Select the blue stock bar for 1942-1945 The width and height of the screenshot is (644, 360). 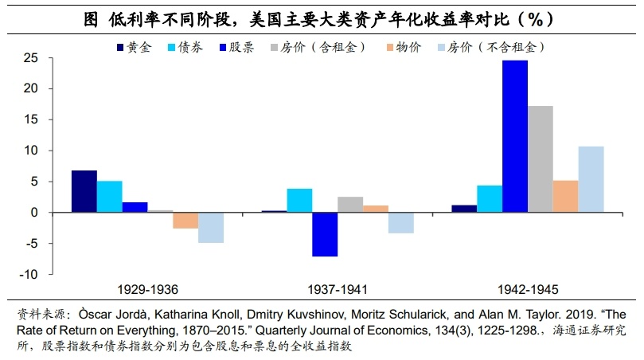click(515, 136)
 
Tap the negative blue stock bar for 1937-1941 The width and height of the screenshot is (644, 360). click(325, 234)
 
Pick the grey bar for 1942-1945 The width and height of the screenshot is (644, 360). click(540, 159)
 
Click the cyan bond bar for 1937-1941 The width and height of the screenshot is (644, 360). click(299, 201)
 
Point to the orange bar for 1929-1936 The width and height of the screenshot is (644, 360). click(185, 221)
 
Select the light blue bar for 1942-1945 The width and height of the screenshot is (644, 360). click(591, 179)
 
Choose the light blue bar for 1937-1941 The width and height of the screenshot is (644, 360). click(400, 223)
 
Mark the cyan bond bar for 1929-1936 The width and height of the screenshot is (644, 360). click(109, 197)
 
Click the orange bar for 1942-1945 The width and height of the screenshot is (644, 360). click(565, 197)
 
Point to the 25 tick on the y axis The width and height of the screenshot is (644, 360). click(30, 58)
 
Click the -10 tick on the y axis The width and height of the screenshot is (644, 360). click(29, 274)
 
